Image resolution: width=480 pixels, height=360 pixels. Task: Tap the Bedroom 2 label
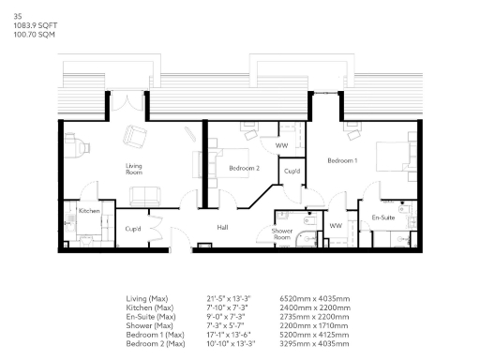[244, 168]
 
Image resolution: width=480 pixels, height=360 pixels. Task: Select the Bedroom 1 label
[341, 162]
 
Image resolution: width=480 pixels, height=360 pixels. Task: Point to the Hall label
[223, 227]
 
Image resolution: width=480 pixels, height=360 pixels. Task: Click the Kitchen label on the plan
[89, 211]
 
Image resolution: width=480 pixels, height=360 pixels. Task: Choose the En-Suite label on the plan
[382, 217]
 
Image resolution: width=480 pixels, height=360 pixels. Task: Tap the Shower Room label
[282, 233]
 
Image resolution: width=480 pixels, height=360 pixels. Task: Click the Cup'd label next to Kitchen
[132, 228]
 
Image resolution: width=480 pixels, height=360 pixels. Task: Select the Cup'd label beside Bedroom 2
[292, 172]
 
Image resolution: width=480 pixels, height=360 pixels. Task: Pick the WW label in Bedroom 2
[281, 145]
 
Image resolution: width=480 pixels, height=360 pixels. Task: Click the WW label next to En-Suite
[336, 226]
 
